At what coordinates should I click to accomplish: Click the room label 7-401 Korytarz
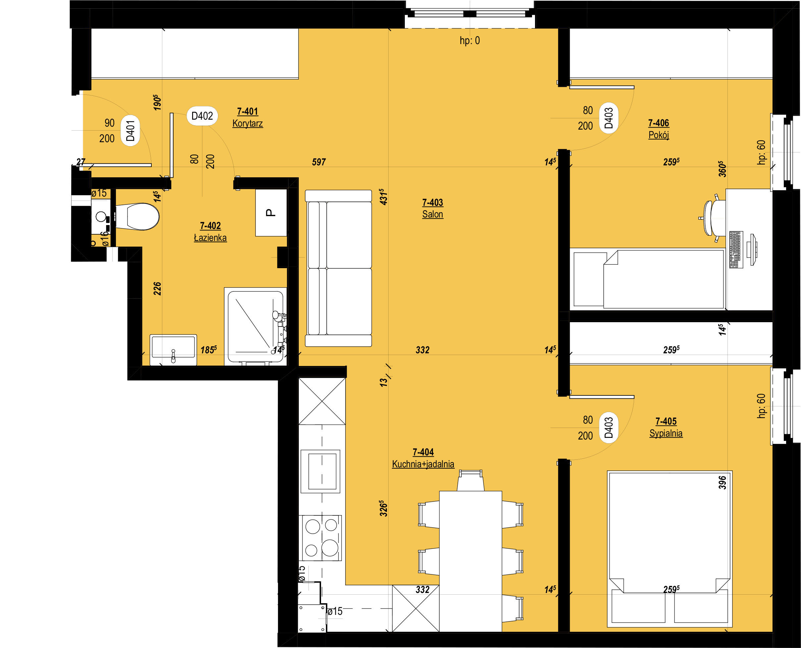pyautogui.click(x=247, y=117)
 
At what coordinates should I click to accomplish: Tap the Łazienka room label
pyautogui.click(x=210, y=232)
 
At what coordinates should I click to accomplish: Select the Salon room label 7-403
pyautogui.click(x=432, y=208)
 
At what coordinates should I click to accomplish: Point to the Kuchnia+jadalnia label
pyautogui.click(x=423, y=458)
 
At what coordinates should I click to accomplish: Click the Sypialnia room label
pyautogui.click(x=666, y=427)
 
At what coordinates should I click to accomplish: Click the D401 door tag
pyautogui.click(x=130, y=131)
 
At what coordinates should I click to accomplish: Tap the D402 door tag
pyautogui.click(x=202, y=116)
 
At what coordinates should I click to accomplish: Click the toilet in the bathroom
pyautogui.click(x=137, y=216)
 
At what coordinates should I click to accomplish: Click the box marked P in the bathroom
pyautogui.click(x=271, y=213)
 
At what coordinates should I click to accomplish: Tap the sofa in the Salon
pyautogui.click(x=338, y=268)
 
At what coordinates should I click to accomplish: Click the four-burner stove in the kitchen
pyautogui.click(x=322, y=538)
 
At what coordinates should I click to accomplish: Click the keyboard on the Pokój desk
pyautogui.click(x=735, y=249)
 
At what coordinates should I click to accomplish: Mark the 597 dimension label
pyautogui.click(x=319, y=162)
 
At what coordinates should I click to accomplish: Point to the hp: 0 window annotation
pyautogui.click(x=470, y=40)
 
